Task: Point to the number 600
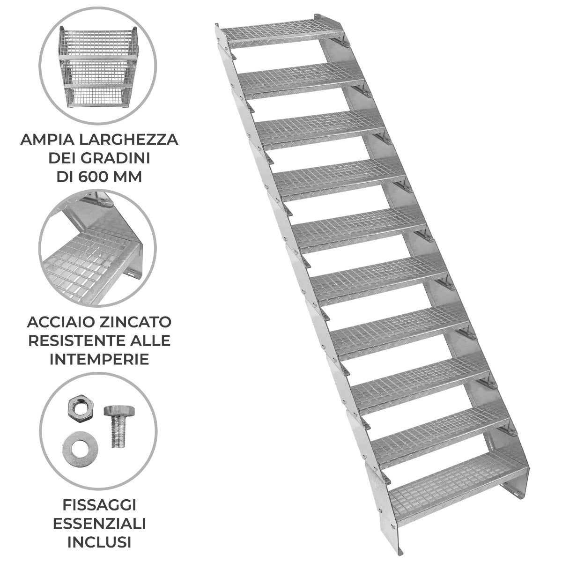[x=97, y=178]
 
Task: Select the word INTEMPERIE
[x=99, y=359]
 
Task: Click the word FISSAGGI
[x=99, y=505]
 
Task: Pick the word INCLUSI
[x=99, y=542]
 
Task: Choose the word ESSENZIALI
[x=99, y=523]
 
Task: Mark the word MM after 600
[x=128, y=178]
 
